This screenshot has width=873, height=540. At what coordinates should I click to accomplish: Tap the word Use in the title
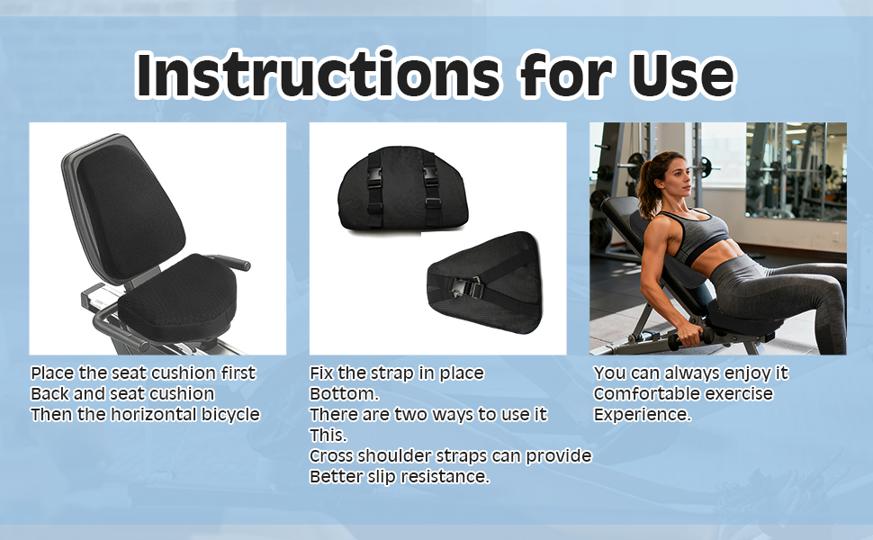tap(683, 75)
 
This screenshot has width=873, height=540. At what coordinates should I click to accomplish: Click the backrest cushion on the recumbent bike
tap(130, 211)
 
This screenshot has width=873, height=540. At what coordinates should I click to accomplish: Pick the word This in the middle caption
tap(327, 435)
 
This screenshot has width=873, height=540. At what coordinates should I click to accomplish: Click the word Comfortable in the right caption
tap(643, 393)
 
